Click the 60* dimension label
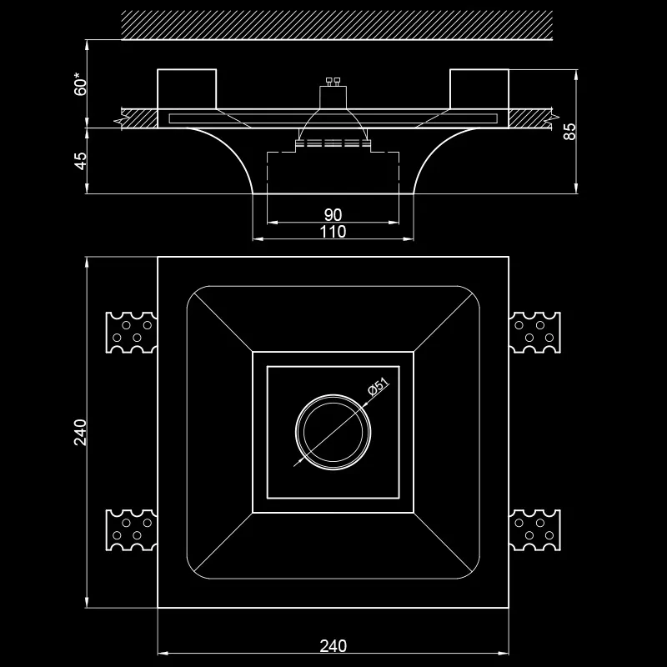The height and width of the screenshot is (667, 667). [x=80, y=84]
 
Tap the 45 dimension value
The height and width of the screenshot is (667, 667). [x=80, y=161]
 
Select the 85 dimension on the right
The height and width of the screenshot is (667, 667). [x=569, y=131]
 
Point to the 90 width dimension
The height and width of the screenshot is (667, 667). [x=333, y=215]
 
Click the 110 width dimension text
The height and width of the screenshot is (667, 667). [x=333, y=232]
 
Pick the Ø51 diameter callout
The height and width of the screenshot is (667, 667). [x=379, y=387]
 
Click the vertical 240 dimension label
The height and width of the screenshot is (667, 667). [x=80, y=432]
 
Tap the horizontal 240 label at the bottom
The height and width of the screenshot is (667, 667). [x=333, y=645]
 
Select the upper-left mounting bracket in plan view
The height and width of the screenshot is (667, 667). [x=132, y=332]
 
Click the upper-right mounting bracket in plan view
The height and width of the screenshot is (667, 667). [x=534, y=332]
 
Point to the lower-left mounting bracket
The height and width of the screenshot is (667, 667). [x=132, y=529]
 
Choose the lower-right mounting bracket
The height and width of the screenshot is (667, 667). [x=534, y=529]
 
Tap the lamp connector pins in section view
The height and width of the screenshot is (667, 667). [x=333, y=81]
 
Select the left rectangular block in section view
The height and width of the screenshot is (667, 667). [x=187, y=89]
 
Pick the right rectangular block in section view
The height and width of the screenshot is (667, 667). [x=479, y=89]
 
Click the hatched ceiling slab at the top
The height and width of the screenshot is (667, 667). [x=337, y=26]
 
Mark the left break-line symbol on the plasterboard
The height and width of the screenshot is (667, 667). [x=119, y=119]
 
